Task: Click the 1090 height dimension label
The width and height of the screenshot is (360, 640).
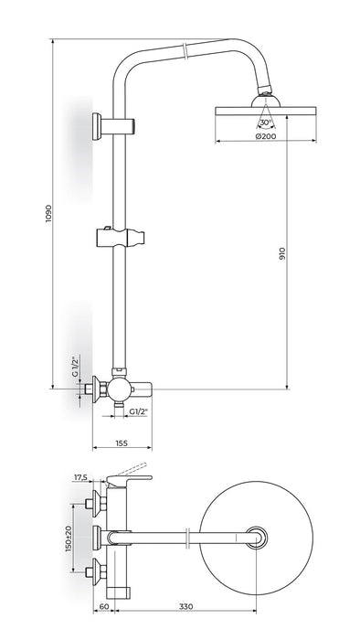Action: [x=49, y=213]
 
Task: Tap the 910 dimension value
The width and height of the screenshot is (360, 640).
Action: [x=283, y=254]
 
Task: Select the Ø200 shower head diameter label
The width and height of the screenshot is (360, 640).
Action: [x=265, y=136]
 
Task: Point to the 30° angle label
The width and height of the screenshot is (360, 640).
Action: [x=265, y=123]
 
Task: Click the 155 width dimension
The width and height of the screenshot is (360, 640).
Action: [x=122, y=443]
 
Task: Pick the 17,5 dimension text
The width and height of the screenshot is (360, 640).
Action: [x=80, y=477]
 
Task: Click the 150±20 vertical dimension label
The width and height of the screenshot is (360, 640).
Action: [x=69, y=538]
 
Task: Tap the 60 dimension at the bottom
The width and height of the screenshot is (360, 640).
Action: [x=104, y=606]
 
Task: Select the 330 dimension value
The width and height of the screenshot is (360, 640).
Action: [x=185, y=606]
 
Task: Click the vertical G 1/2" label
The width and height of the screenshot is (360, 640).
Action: [x=75, y=366]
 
